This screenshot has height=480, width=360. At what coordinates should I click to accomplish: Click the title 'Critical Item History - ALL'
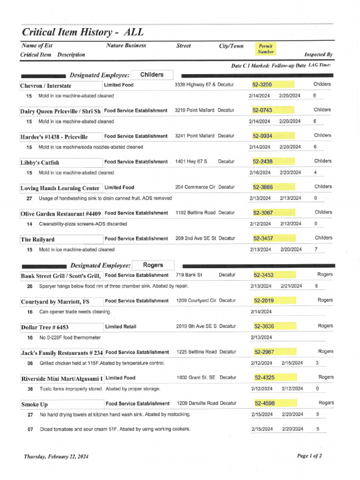(x=82, y=32)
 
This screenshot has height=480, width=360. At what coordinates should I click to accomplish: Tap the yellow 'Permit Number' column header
(x=265, y=49)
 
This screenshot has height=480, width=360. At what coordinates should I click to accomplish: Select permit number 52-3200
(x=262, y=84)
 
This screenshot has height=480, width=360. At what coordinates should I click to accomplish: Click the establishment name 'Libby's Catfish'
(x=40, y=163)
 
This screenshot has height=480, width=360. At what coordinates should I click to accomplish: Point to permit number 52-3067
(x=263, y=213)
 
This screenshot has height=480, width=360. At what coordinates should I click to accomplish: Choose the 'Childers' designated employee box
(x=151, y=75)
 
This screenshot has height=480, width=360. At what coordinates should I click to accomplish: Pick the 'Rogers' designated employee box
(x=153, y=265)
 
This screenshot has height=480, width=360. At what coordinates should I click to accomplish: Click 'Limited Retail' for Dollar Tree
(x=122, y=326)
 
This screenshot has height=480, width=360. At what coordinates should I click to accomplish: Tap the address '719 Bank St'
(x=189, y=275)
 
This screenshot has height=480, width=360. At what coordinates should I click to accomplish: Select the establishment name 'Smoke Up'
(x=34, y=404)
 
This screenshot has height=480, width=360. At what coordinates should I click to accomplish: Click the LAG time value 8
(x=316, y=285)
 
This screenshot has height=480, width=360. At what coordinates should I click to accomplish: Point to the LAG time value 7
(x=316, y=249)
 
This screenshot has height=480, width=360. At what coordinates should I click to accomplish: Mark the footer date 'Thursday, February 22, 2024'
(x=56, y=456)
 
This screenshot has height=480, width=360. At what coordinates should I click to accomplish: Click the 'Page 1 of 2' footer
(x=309, y=456)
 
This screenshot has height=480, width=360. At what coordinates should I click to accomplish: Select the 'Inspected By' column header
(x=318, y=54)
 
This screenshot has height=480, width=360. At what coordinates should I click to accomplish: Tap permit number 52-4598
(x=265, y=403)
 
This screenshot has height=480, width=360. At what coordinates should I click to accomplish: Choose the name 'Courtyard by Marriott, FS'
(x=55, y=301)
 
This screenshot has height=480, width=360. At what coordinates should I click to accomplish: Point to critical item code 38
(x=30, y=389)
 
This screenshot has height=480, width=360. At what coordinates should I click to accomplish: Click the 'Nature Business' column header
(x=126, y=45)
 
